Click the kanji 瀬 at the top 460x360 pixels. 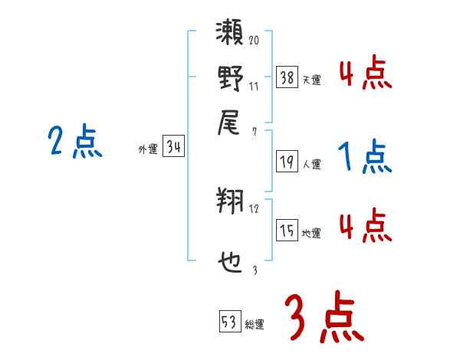click(x=230, y=35)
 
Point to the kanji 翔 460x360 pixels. click(x=230, y=202)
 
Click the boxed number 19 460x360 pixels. click(x=287, y=161)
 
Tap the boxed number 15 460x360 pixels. click(x=287, y=231)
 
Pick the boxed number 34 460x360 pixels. click(x=173, y=148)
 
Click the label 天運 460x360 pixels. click(x=312, y=79)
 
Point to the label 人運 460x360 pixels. click(x=312, y=163)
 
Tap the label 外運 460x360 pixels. click(x=148, y=150)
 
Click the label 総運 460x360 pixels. click(x=255, y=324)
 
